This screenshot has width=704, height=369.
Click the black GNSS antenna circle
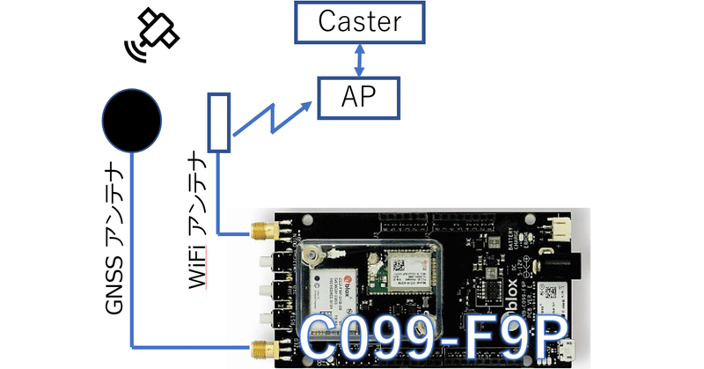tap(132, 116)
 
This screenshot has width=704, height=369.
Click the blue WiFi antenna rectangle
tap(218, 122)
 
